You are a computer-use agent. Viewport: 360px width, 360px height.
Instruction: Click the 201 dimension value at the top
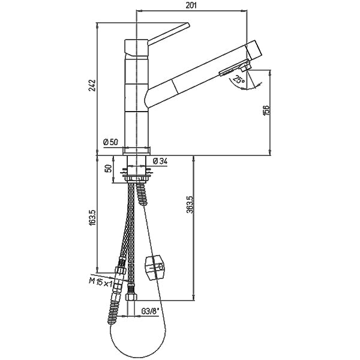tap(192, 5)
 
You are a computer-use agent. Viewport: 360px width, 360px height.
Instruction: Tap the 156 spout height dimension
tap(266, 111)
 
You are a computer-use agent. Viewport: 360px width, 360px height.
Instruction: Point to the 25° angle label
tap(239, 80)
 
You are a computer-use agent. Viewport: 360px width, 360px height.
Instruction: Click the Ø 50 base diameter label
tap(111, 142)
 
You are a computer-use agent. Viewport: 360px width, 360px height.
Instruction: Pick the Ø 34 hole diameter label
tap(160, 160)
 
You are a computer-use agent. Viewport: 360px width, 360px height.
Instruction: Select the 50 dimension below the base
tap(109, 168)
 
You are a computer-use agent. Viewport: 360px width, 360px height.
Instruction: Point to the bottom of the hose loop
tap(137, 353)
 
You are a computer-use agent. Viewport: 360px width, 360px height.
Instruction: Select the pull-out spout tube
tap(192, 78)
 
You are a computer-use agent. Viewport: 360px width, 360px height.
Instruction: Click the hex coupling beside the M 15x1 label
tap(120, 274)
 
